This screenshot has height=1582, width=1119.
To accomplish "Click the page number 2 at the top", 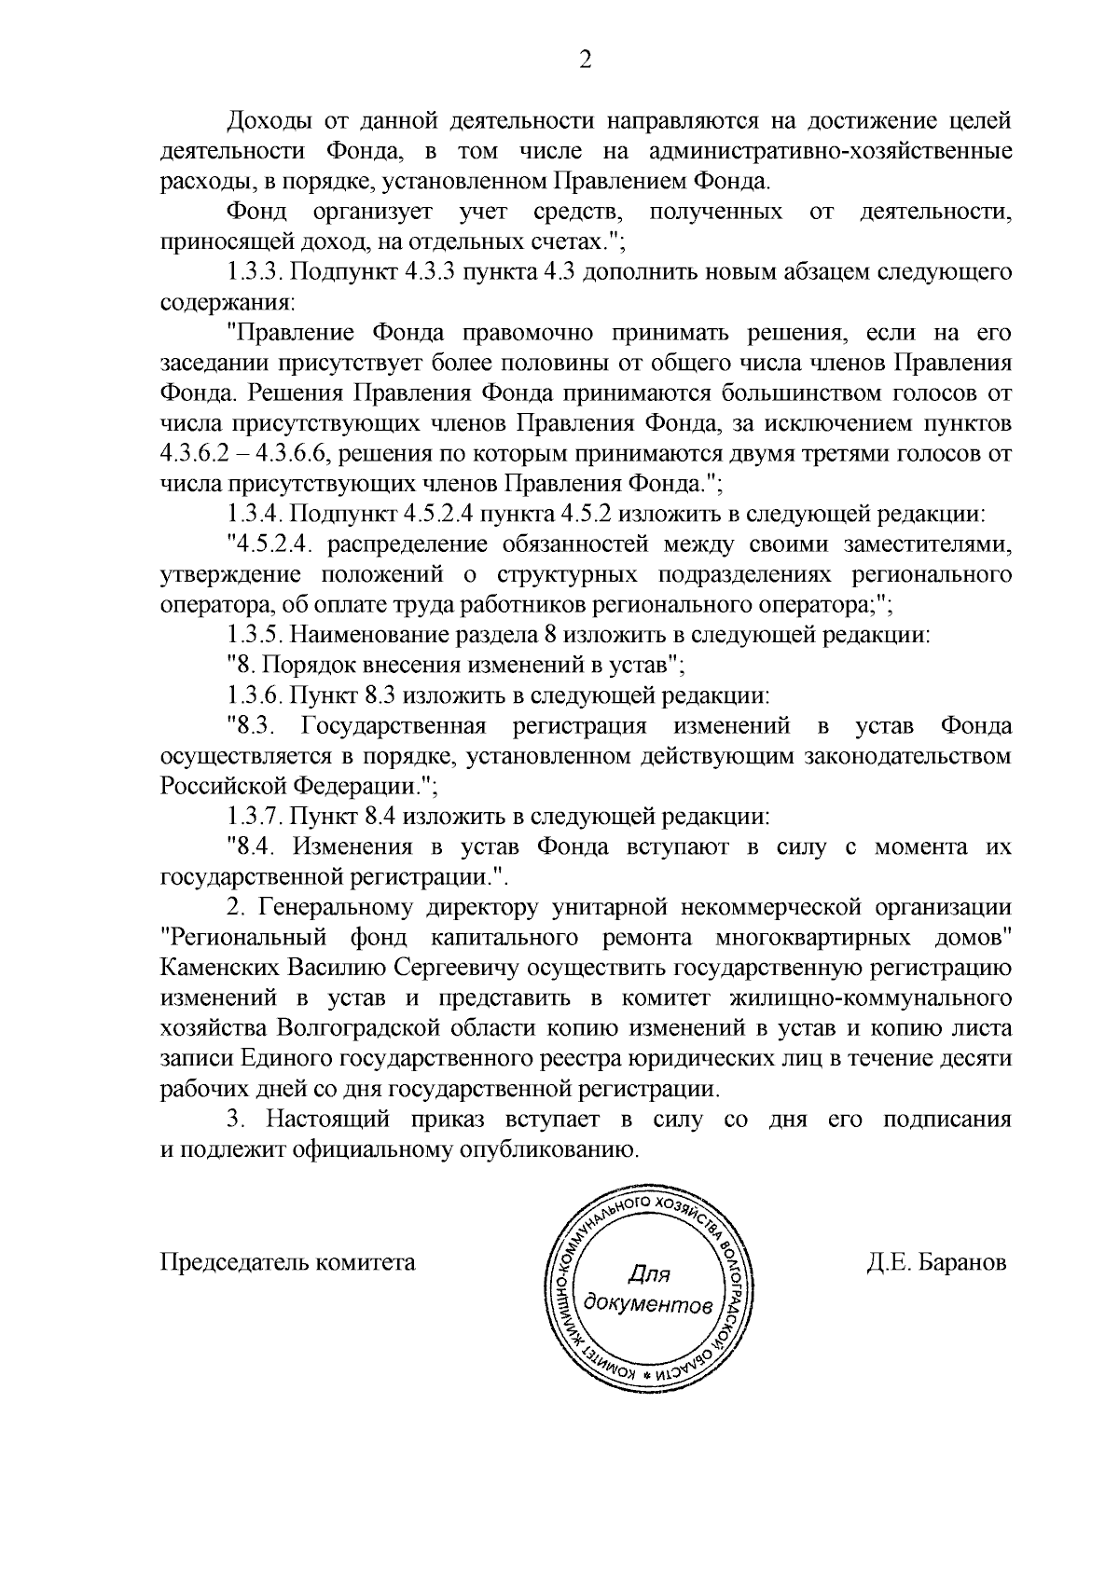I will (x=585, y=61).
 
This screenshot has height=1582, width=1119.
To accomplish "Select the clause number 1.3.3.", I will (x=255, y=272).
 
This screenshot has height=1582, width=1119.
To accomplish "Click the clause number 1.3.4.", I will (x=255, y=514).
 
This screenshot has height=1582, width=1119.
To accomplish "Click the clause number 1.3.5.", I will (x=255, y=636).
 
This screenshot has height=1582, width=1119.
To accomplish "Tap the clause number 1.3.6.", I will (x=255, y=695).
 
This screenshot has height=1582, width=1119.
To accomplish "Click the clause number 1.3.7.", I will (x=255, y=817).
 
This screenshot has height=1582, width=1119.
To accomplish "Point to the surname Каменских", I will (x=219, y=967).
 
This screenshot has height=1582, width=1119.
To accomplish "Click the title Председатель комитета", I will (x=288, y=1263).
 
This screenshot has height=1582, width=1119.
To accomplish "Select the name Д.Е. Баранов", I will (x=936, y=1263).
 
